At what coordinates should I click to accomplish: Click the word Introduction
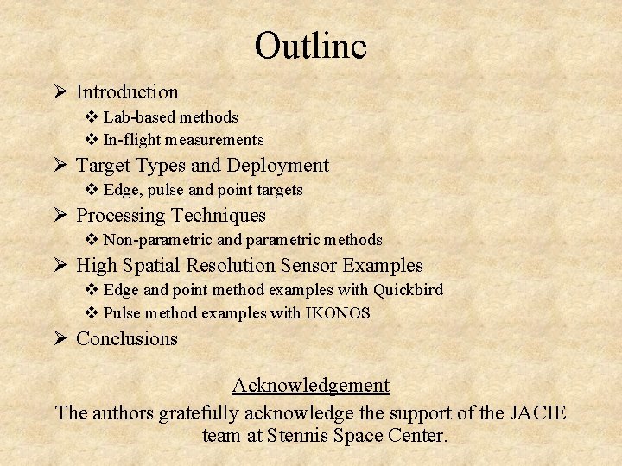(127, 91)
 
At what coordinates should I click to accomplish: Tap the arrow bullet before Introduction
(60, 91)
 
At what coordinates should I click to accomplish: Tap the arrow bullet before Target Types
(60, 165)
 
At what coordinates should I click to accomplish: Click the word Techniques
(219, 215)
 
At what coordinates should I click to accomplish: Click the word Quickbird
(408, 290)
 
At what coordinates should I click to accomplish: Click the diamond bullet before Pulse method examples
(92, 313)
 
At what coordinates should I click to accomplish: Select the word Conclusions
(127, 338)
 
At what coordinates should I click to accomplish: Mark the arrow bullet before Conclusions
(60, 338)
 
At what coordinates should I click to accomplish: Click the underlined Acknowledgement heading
(311, 385)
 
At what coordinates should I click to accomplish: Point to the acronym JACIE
(536, 412)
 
